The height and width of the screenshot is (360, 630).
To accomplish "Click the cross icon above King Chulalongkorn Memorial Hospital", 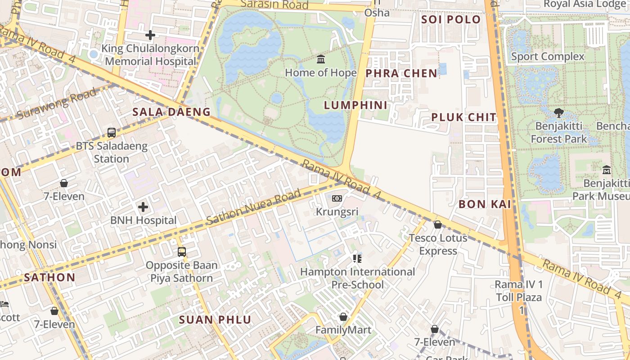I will tap(150, 35).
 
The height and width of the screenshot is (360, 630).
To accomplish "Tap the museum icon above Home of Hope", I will tap(321, 59).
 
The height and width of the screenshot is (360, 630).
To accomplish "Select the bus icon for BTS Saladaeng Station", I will tap(112, 133).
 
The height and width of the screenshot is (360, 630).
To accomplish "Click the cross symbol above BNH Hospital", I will tap(143, 207).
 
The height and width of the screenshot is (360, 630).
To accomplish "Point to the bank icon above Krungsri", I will tap(337, 198).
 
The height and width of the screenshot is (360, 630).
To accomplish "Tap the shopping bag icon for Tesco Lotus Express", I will tap(438, 225).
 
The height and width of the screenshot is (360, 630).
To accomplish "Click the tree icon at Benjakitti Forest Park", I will tap(559, 113).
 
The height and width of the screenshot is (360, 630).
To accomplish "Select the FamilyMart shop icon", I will tap(343, 317).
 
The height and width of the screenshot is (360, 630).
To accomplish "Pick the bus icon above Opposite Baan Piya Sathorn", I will tap(182, 252).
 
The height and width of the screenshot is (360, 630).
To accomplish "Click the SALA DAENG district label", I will tap(171, 112).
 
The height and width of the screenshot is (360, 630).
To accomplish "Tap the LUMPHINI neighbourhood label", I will tap(356, 105).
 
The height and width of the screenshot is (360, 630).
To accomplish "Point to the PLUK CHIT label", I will tap(464, 117).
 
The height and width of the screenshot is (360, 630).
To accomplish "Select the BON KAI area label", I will tap(485, 204).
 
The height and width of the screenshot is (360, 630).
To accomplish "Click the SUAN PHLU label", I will tap(215, 320).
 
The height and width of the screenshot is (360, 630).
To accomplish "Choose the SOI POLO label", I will tap(451, 19).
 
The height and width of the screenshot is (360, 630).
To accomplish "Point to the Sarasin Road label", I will tap(274, 5).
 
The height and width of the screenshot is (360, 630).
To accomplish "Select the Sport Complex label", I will tap(548, 57).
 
